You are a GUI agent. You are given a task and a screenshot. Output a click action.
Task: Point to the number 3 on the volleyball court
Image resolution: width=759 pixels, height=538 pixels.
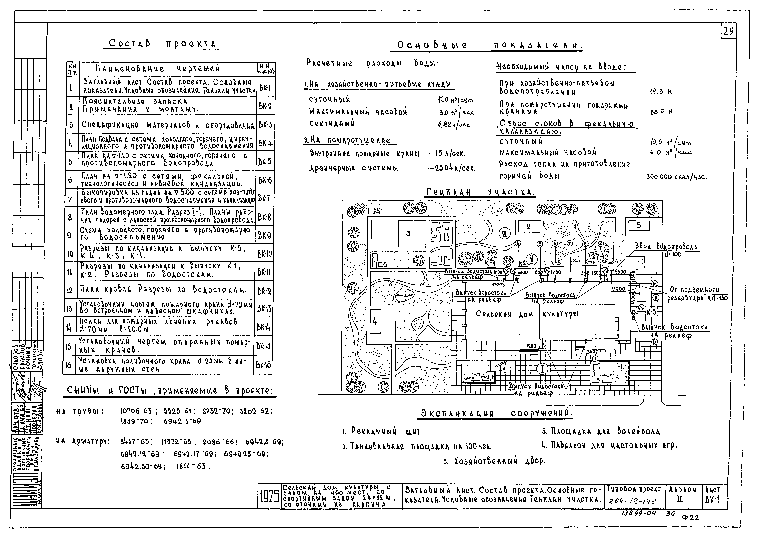[x=408, y=234]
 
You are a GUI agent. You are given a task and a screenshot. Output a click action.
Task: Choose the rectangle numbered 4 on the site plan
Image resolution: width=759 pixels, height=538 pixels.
[x=375, y=321]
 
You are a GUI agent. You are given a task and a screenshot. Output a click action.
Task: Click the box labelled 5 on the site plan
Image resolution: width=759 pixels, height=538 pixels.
[x=639, y=226]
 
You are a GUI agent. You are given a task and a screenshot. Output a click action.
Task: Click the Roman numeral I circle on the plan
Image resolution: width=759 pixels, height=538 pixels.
[x=542, y=369]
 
